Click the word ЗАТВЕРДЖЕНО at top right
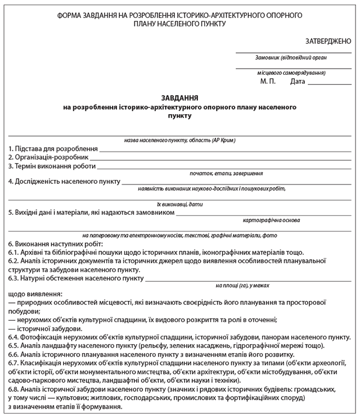[x=328, y=41]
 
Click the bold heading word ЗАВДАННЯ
[x=180, y=97]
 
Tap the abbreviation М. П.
[x=268, y=82]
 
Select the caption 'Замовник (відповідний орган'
[x=291, y=57]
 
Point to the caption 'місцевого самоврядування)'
[x=292, y=73]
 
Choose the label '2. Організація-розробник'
[x=48, y=157]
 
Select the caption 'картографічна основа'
[x=271, y=221]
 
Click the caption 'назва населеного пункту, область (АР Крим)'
[x=179, y=139]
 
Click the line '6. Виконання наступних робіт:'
[x=56, y=244]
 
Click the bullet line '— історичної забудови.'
[x=46, y=328]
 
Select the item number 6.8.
[x=14, y=389]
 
